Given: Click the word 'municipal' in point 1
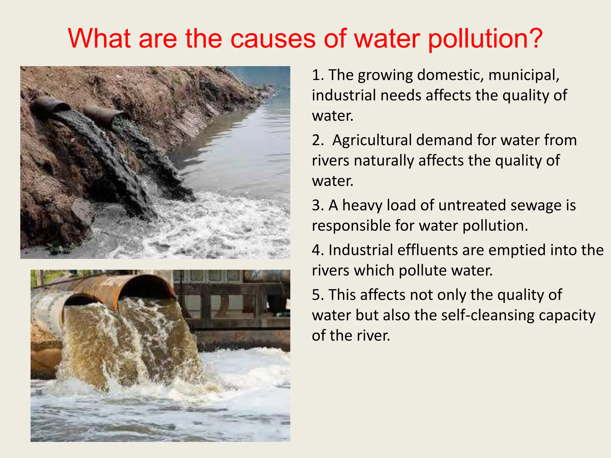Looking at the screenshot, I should point(524,75).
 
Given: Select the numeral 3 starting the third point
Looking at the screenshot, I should point(316,205).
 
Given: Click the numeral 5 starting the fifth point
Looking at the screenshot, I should point(316,295).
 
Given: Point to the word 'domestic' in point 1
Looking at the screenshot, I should point(450,75).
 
